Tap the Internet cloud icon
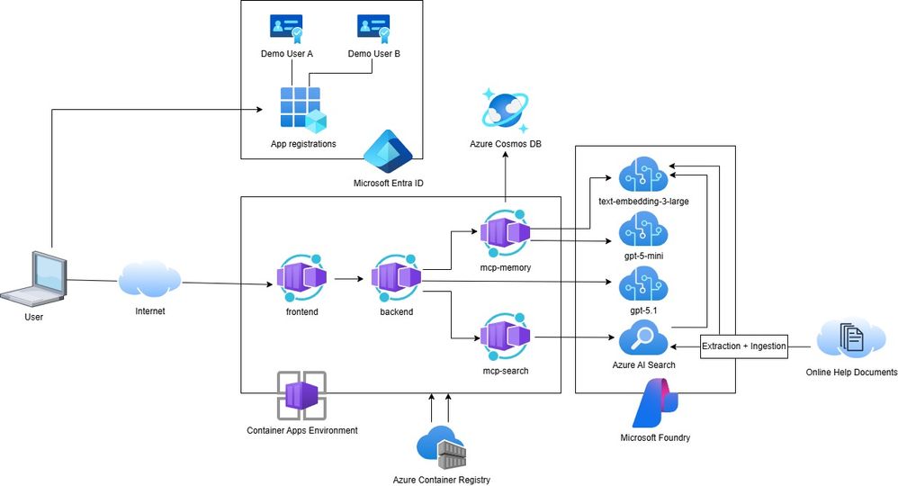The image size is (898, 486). (x=148, y=280)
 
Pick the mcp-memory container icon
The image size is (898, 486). (x=504, y=233)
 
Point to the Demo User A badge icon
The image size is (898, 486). (x=286, y=29)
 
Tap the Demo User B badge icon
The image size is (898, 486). (x=373, y=29)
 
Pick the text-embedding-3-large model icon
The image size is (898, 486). (x=642, y=172)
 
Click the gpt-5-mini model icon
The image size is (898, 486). (x=642, y=231)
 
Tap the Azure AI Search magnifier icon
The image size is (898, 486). (x=642, y=340)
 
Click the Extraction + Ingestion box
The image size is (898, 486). (x=743, y=346)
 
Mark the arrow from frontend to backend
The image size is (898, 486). (x=347, y=280)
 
